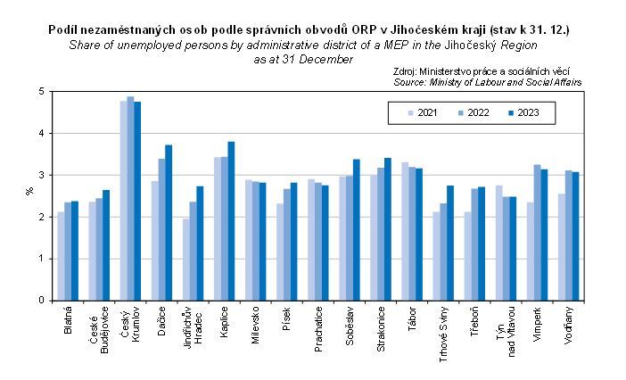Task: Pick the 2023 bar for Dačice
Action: pos(169,223)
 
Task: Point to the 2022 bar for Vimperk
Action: pos(537,232)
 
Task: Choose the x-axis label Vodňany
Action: pos(569,325)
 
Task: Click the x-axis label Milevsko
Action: pos(255,325)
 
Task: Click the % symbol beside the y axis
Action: pos(29,190)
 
